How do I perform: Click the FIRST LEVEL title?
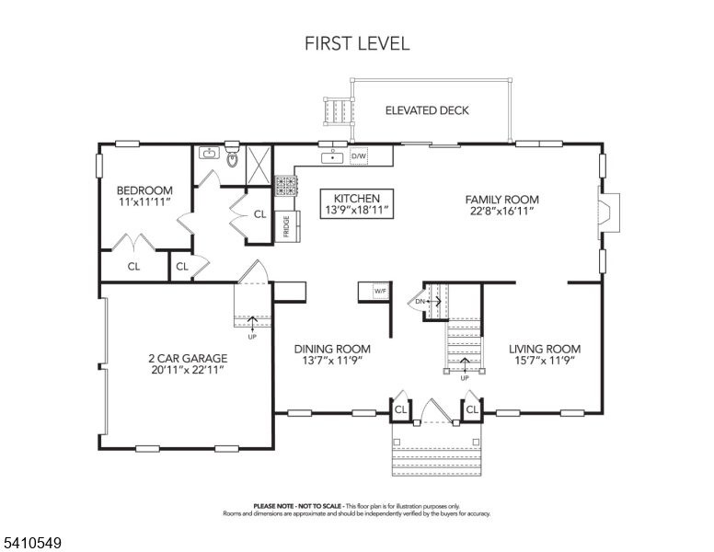pyautogui.click(x=357, y=43)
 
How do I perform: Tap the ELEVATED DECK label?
pyautogui.click(x=427, y=110)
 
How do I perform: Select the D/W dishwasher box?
pyautogui.click(x=358, y=156)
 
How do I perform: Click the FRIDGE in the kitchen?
pyautogui.click(x=287, y=226)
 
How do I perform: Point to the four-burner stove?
pyautogui.click(x=285, y=186)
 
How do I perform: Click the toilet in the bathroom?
pyautogui.click(x=232, y=155)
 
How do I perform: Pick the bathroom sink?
pyautogui.click(x=209, y=153)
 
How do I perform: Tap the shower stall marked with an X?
pyautogui.click(x=259, y=165)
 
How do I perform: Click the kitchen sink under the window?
pyautogui.click(x=333, y=157)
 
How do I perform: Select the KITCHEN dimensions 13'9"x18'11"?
pyautogui.click(x=357, y=210)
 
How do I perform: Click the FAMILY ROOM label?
pyautogui.click(x=501, y=200)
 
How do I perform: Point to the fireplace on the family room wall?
pyautogui.click(x=609, y=213)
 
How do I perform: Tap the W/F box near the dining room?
pyautogui.click(x=380, y=291)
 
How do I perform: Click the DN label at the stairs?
pyautogui.click(x=420, y=302)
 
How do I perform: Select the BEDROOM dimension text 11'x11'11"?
pyautogui.click(x=144, y=201)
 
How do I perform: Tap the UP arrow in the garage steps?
pyautogui.click(x=252, y=322)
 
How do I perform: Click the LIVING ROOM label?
pyautogui.click(x=545, y=349)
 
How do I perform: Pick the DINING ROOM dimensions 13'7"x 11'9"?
pyautogui.click(x=332, y=361)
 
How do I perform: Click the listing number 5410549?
pyautogui.click(x=33, y=543)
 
